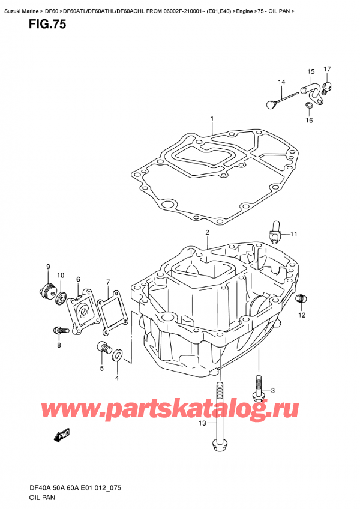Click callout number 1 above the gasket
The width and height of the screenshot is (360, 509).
tap(212, 119)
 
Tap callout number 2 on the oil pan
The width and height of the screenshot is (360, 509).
tap(206, 233)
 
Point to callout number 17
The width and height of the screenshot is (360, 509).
tap(327, 70)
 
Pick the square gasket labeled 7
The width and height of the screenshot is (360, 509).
tap(113, 312)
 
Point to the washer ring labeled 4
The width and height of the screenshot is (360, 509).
tap(118, 355)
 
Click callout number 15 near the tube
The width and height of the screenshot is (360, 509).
tap(311, 72)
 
